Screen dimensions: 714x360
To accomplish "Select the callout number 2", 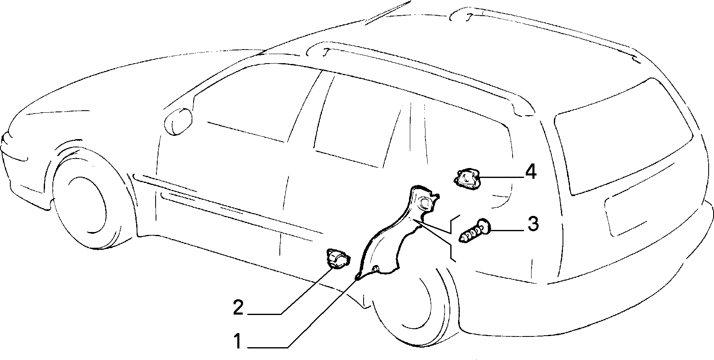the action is [x=238, y=308].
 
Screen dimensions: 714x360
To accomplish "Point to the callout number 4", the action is [x=531, y=172].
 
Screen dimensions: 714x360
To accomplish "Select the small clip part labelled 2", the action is [x=338, y=259].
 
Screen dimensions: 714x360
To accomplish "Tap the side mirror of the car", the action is [x=178, y=121].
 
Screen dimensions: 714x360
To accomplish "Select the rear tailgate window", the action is [x=623, y=136].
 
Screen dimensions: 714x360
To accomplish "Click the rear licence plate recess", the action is [x=646, y=211].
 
